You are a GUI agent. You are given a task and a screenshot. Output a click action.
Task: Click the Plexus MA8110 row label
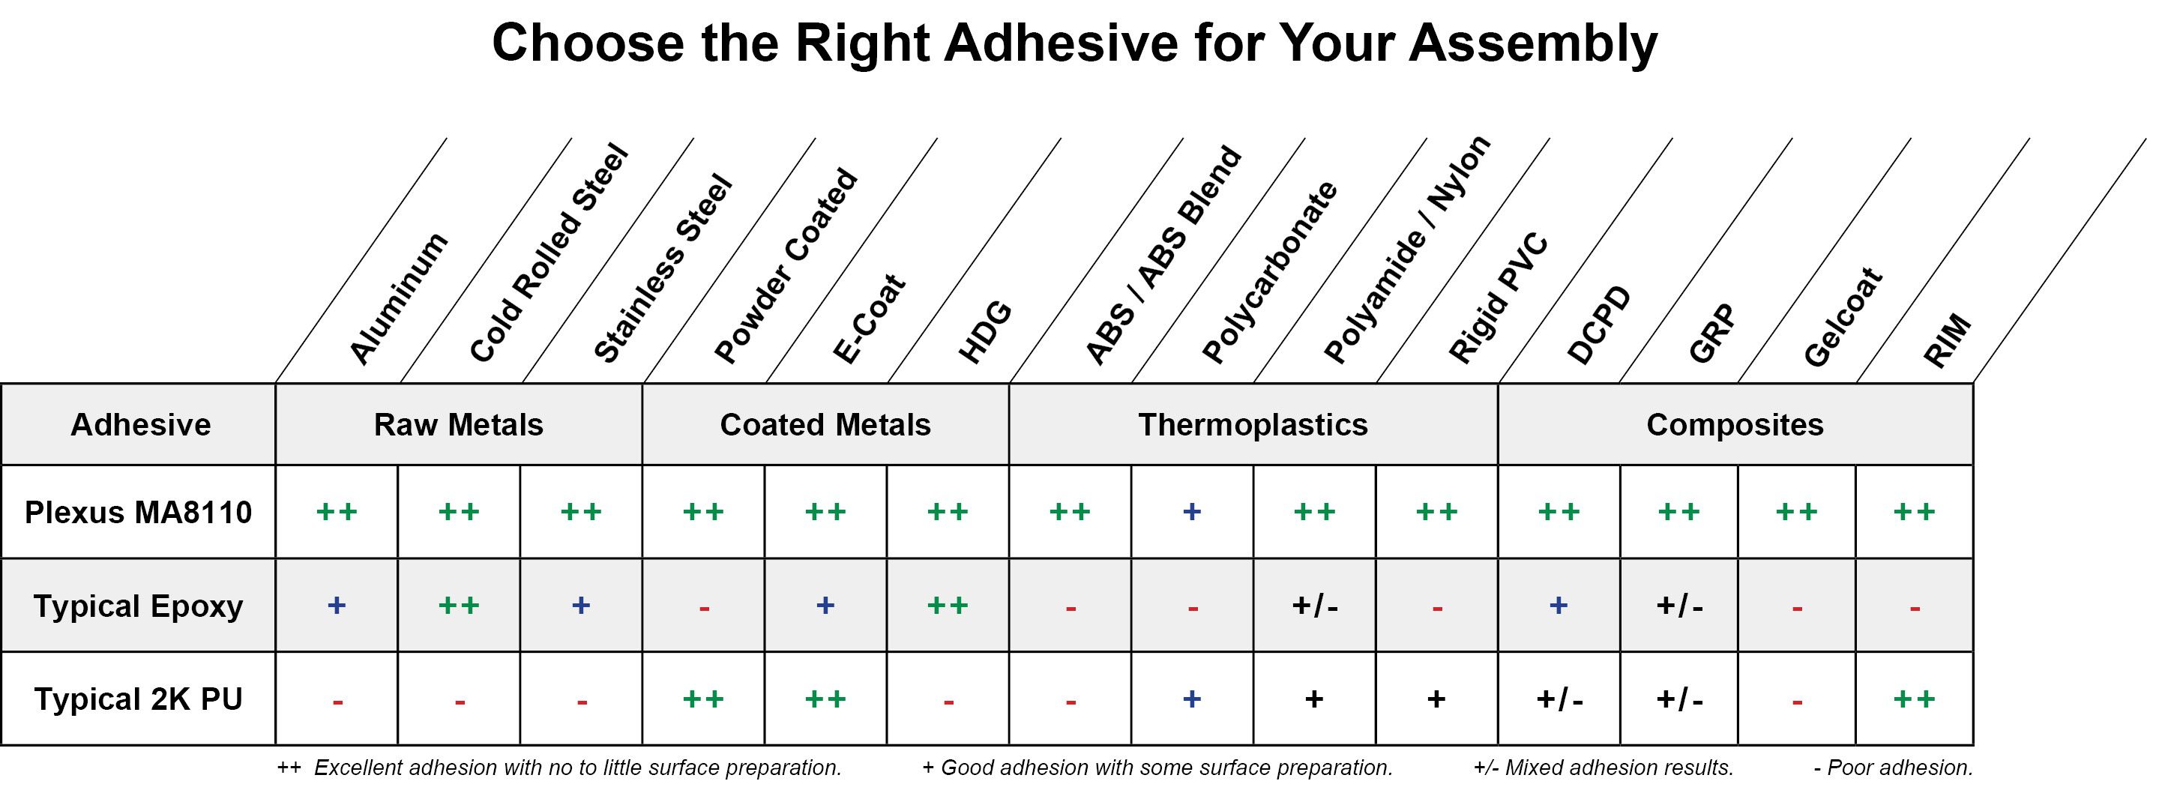(138, 513)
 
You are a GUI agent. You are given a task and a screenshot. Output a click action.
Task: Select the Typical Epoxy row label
(138, 606)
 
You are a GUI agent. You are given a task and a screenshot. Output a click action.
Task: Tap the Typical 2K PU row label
(138, 699)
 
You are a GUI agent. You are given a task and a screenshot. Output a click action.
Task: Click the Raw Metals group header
(459, 425)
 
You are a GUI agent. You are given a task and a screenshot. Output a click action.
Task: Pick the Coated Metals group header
(825, 425)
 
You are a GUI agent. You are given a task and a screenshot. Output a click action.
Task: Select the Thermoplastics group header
(1253, 425)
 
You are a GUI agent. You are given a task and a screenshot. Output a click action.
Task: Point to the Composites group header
(1735, 425)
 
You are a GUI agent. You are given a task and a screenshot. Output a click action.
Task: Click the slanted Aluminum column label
(399, 299)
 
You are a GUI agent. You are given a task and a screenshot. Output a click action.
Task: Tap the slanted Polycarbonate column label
(1270, 272)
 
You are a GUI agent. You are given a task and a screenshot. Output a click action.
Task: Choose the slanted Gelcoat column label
(1843, 318)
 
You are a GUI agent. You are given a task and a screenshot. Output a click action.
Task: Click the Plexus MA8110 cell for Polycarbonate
(1192, 512)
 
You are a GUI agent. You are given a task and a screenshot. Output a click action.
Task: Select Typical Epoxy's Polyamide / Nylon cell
(1315, 605)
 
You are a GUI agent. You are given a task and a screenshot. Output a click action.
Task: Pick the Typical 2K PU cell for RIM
(1915, 699)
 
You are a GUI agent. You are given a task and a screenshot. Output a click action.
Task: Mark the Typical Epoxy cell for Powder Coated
(704, 605)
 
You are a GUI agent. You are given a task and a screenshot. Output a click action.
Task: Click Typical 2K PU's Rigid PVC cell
(1437, 699)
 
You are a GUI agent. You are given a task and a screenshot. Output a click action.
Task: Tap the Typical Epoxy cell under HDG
(948, 605)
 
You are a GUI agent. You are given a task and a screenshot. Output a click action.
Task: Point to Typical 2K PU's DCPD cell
(1559, 699)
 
